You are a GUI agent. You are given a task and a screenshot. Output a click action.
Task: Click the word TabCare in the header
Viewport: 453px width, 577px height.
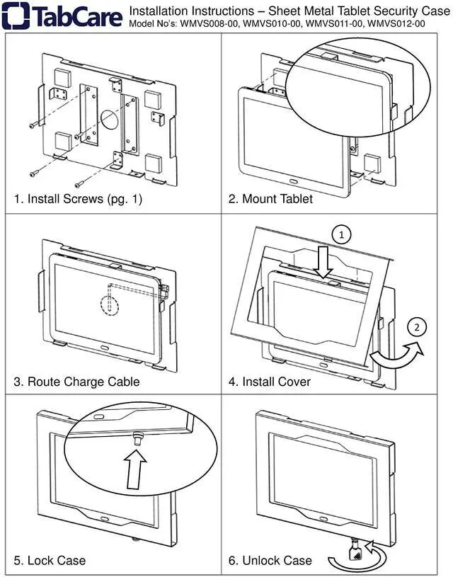pyautogui.click(x=76, y=16)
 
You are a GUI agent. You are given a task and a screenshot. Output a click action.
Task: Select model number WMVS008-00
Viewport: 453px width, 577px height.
pyautogui.click(x=205, y=23)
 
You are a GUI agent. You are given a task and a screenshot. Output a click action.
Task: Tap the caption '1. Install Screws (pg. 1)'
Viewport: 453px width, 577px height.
pyautogui.click(x=78, y=199)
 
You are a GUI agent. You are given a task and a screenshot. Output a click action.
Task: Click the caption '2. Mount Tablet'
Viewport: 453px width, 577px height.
pyautogui.click(x=270, y=199)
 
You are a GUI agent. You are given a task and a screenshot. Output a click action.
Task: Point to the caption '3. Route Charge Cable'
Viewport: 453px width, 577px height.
pyautogui.click(x=76, y=382)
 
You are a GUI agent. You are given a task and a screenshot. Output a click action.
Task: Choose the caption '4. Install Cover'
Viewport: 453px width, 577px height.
pyautogui.click(x=269, y=382)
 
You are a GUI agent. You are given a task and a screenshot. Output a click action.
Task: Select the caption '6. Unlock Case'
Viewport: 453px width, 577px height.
pyautogui.click(x=270, y=561)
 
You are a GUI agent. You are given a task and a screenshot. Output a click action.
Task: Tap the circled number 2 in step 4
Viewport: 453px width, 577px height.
pyautogui.click(x=418, y=327)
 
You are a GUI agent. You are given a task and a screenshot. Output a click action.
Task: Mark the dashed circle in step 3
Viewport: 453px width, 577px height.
pyautogui.click(x=109, y=302)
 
